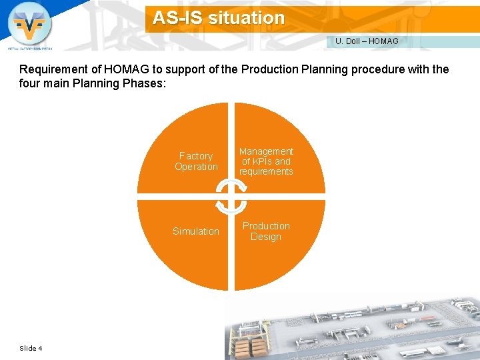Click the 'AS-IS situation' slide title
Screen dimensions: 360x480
[x=219, y=18]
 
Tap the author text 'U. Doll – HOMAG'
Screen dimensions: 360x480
[x=367, y=41]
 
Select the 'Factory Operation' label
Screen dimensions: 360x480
[x=196, y=161]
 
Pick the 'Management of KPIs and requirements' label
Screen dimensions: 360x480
[x=266, y=161]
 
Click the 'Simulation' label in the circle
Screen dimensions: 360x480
[x=196, y=231]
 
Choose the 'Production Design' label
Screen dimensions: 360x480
[x=266, y=231]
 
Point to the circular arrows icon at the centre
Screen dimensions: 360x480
[x=231, y=197]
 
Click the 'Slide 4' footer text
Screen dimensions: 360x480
[x=31, y=348]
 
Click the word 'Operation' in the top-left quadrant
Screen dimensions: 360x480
[x=196, y=167]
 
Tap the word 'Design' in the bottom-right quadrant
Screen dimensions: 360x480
[x=266, y=237]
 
